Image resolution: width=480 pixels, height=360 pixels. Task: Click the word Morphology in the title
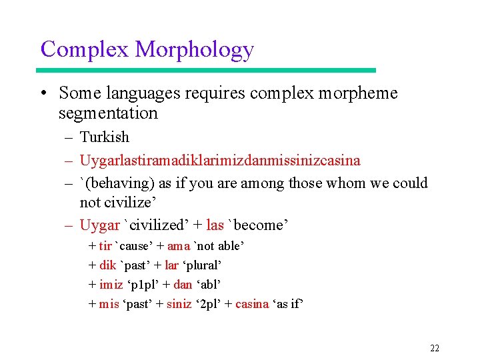pyautogui.click(x=194, y=50)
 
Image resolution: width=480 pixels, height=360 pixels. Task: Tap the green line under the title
pyautogui.click(x=207, y=70)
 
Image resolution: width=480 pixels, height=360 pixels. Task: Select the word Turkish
pyautogui.click(x=104, y=137)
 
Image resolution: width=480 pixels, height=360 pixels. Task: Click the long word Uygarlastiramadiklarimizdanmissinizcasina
pyautogui.click(x=220, y=161)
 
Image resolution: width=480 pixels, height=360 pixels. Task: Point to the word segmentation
pyautogui.click(x=108, y=113)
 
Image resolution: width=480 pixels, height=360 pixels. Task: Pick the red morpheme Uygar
pyautogui.click(x=99, y=225)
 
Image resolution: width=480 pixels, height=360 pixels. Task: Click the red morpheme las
pyautogui.click(x=215, y=225)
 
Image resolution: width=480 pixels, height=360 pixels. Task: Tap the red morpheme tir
pyautogui.click(x=105, y=247)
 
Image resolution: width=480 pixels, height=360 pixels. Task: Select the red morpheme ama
pyautogui.click(x=179, y=247)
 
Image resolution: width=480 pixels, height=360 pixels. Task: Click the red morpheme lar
pyautogui.click(x=171, y=265)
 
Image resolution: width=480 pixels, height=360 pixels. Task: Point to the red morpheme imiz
pyautogui.click(x=111, y=285)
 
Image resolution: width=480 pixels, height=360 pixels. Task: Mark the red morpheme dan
pyautogui.click(x=182, y=285)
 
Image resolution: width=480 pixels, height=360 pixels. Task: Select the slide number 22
pyautogui.click(x=435, y=348)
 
